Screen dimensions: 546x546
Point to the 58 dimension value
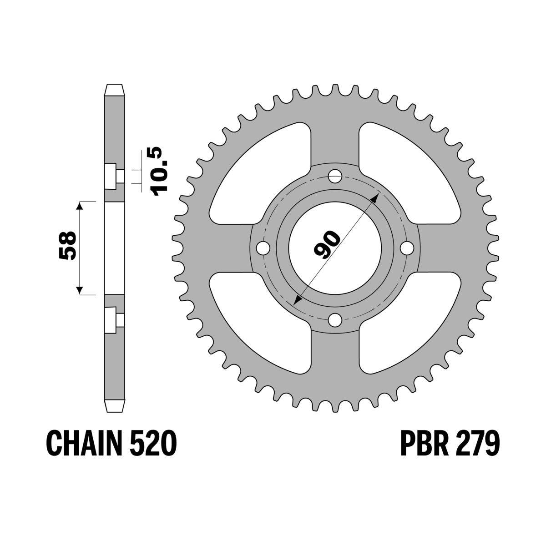coord(67,247)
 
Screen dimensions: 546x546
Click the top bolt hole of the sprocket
coord(336,175)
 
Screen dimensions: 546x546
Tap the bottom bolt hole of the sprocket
coord(336,319)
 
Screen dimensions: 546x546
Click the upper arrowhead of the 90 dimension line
coord(375,197)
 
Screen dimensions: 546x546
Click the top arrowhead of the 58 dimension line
coord(80,206)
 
